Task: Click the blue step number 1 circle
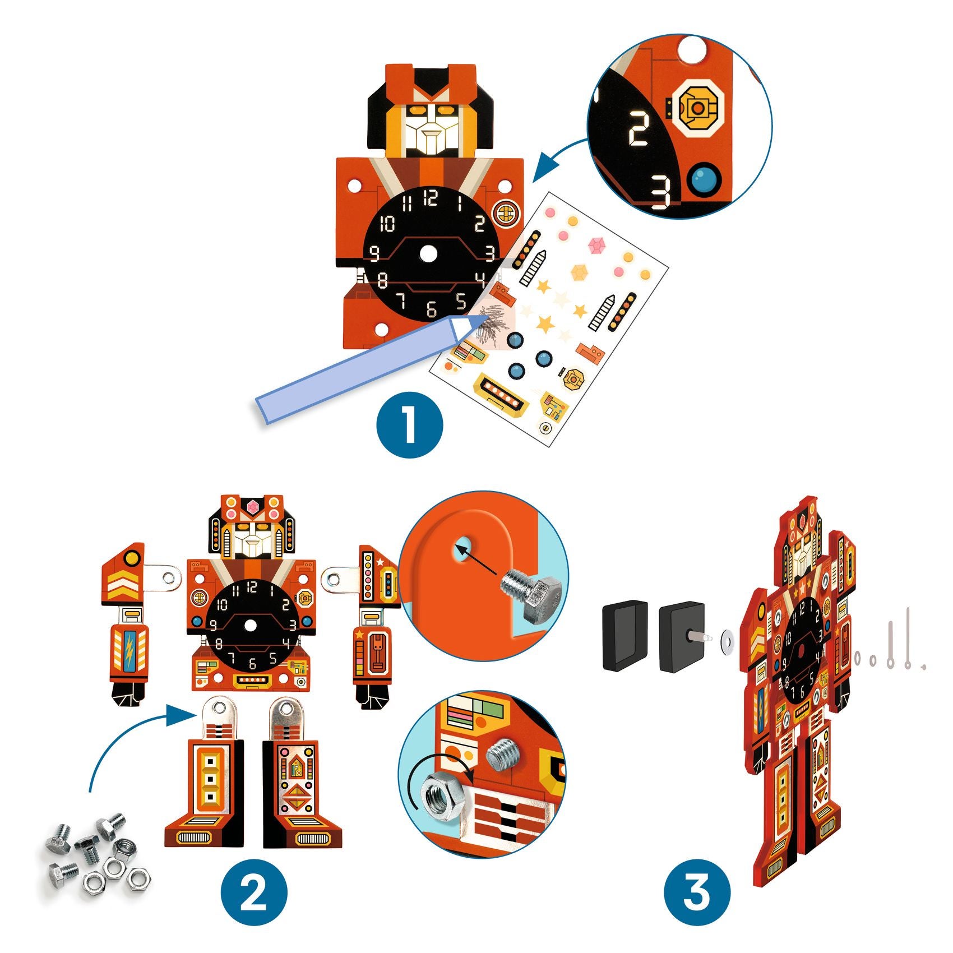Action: (x=410, y=424)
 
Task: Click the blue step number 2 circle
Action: (x=253, y=892)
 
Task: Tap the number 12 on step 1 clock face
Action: (x=431, y=198)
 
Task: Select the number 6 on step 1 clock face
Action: (x=431, y=309)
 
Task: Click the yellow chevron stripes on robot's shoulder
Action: (x=122, y=584)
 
